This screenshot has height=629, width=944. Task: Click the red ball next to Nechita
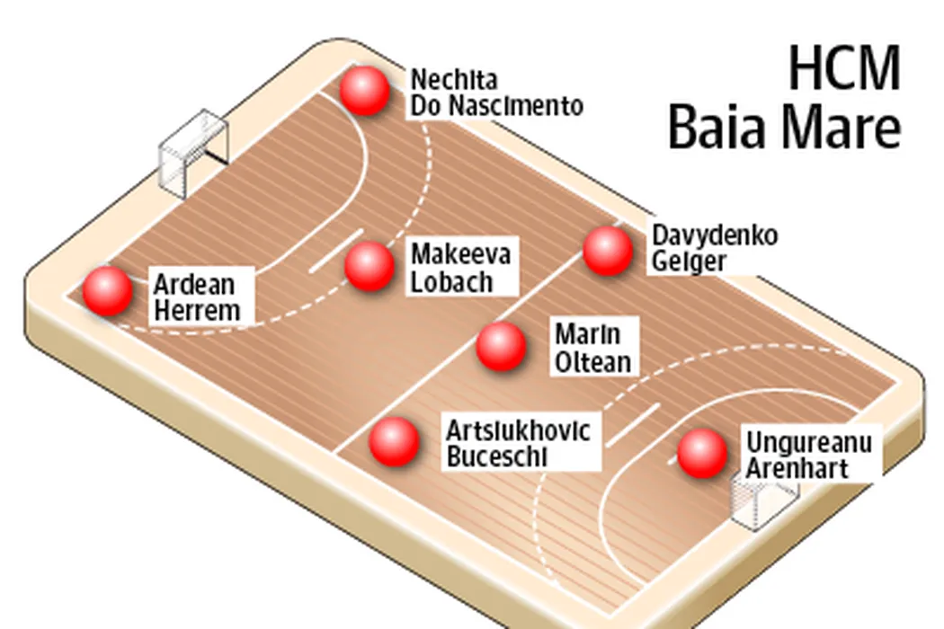click(x=365, y=91)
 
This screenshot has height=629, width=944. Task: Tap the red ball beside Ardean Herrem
click(x=108, y=291)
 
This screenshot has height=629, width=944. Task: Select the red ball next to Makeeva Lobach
click(x=370, y=266)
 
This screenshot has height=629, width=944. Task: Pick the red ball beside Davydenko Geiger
click(x=608, y=251)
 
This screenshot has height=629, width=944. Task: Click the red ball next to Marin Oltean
click(x=501, y=346)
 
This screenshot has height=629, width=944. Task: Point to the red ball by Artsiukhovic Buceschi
click(x=395, y=441)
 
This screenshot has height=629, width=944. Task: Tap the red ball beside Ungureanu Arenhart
click(x=702, y=454)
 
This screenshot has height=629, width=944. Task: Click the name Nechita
click(x=454, y=79)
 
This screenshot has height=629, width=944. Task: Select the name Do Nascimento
click(x=496, y=105)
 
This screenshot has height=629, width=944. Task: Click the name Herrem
click(x=198, y=311)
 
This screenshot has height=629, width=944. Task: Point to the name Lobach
click(x=451, y=282)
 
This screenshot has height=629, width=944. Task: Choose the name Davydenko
click(x=715, y=236)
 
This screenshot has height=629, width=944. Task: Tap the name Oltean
click(x=593, y=362)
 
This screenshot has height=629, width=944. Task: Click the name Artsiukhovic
click(x=519, y=431)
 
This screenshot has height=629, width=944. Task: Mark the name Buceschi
click(x=497, y=456)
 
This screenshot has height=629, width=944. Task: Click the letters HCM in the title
click(x=845, y=68)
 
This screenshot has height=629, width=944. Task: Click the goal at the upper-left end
click(x=193, y=153)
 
